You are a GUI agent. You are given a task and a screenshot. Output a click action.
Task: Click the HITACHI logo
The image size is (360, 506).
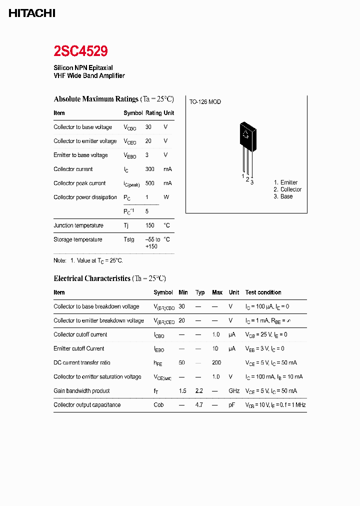point(31,13)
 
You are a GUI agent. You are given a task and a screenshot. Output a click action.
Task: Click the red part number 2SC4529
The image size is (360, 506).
point(80,51)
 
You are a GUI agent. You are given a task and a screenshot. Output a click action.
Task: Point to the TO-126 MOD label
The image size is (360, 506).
point(205,102)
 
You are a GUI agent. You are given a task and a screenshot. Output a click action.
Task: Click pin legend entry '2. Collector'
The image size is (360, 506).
point(287,189)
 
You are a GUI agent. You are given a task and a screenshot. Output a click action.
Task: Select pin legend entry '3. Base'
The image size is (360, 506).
point(283,196)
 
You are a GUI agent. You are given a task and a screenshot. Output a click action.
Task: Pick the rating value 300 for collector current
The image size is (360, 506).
point(150,169)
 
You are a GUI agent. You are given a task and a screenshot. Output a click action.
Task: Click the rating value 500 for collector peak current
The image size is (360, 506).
point(150,183)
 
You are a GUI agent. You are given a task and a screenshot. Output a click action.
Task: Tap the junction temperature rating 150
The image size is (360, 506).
point(150,225)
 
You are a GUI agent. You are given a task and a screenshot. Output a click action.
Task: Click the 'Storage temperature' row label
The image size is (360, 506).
point(78,239)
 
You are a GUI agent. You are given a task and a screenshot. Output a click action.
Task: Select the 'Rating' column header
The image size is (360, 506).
point(153,113)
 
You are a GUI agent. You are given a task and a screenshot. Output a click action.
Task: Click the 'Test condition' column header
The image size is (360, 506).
point(263,292)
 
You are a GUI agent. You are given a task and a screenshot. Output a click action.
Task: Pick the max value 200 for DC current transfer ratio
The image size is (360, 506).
point(216,362)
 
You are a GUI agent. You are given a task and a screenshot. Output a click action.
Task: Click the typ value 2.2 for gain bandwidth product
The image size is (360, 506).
point(199,391)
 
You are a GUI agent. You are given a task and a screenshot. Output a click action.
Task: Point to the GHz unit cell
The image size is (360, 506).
point(234,391)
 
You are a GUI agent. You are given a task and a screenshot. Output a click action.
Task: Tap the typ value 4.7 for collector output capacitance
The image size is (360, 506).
point(199,405)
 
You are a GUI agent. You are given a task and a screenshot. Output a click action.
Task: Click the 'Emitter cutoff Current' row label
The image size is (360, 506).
point(79,348)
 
